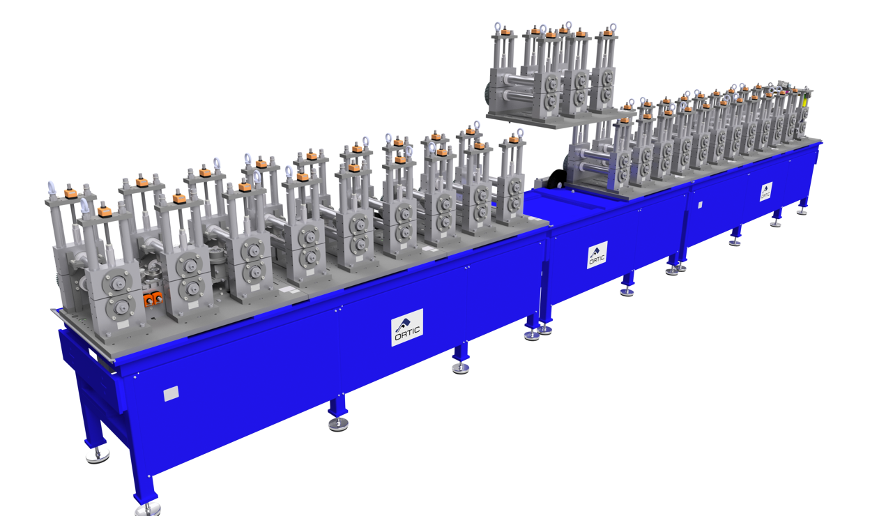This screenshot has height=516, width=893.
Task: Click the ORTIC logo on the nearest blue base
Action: coord(407,328)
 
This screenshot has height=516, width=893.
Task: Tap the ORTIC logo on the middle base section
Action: coord(597,255)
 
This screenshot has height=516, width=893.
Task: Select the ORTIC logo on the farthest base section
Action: coord(766,191)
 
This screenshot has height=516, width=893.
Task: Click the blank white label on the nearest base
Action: coord(171,393)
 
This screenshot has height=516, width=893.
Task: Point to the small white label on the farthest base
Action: coord(701,205)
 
